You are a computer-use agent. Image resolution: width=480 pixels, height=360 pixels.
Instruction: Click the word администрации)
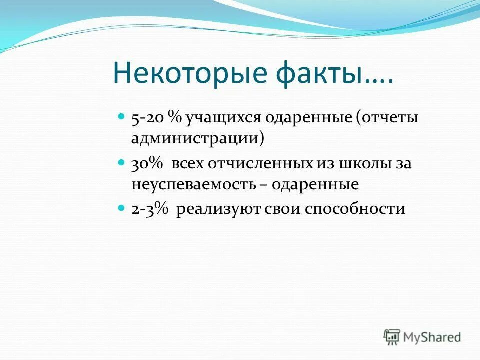tap(198, 138)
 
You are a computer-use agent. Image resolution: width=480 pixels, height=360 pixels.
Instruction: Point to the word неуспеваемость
tap(193, 184)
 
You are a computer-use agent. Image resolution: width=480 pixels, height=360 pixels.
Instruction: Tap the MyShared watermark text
tap(433, 337)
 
